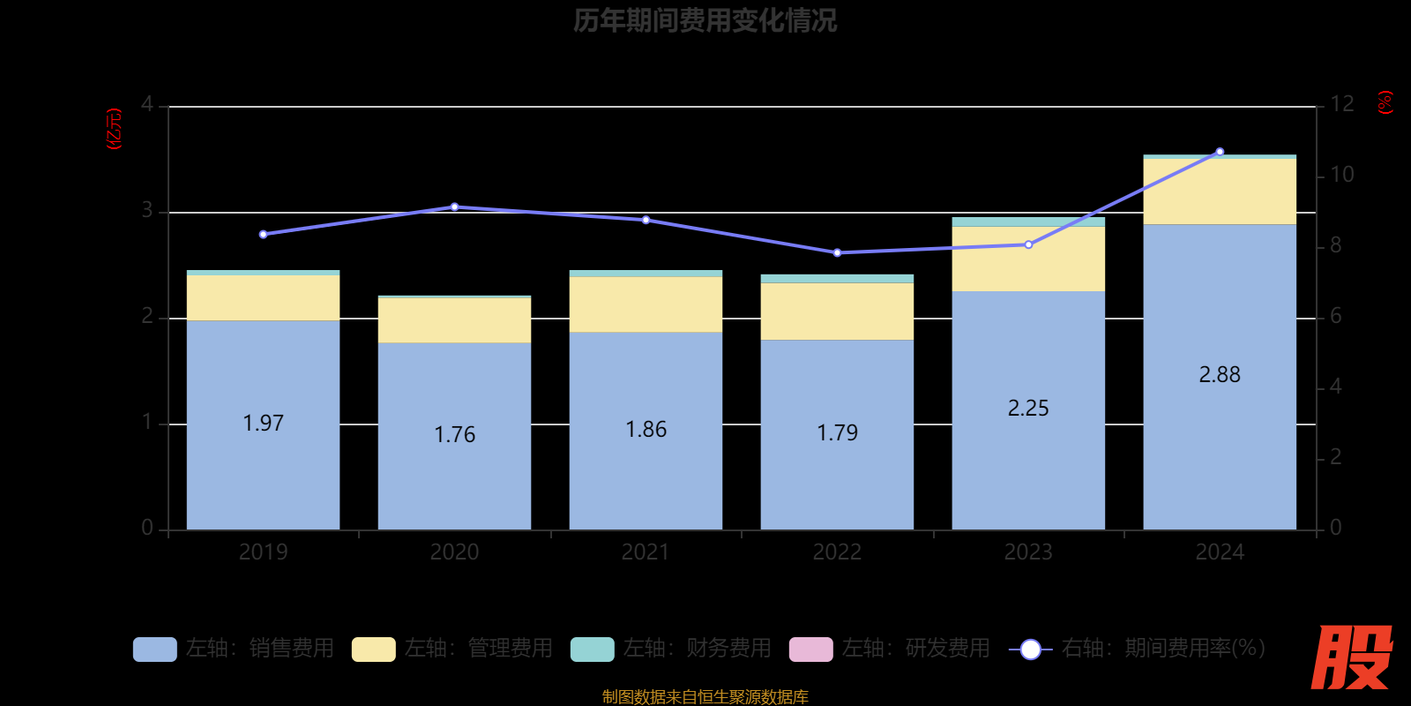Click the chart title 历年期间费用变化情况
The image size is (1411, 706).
pyautogui.click(x=705, y=20)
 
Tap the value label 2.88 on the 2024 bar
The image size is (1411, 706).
pyautogui.click(x=1220, y=375)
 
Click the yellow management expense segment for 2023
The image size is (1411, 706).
pyautogui.click(x=1028, y=259)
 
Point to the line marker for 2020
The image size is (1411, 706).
pyautogui.click(x=454, y=207)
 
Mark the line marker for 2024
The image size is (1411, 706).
pyautogui.click(x=1220, y=152)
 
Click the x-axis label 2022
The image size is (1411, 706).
pyautogui.click(x=837, y=552)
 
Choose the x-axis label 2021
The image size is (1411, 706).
pyautogui.click(x=646, y=552)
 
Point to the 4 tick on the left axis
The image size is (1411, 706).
pyautogui.click(x=147, y=105)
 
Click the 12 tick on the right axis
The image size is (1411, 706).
pyautogui.click(x=1341, y=105)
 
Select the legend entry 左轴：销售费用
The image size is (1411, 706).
pyautogui.click(x=234, y=649)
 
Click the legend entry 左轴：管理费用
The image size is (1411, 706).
pyautogui.click(x=452, y=649)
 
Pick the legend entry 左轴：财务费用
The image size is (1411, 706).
pyautogui.click(x=671, y=649)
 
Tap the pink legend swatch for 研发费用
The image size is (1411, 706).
pyautogui.click(x=810, y=650)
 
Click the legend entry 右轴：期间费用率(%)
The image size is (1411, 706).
pyautogui.click(x=1138, y=649)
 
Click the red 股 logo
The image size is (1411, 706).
pyautogui.click(x=1351, y=657)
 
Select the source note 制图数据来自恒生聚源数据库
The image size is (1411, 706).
pyautogui.click(x=705, y=697)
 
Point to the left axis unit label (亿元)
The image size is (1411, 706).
pyautogui.click(x=114, y=129)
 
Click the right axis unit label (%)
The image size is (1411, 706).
pyautogui.click(x=1385, y=102)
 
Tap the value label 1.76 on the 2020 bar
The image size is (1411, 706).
pyautogui.click(x=454, y=434)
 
